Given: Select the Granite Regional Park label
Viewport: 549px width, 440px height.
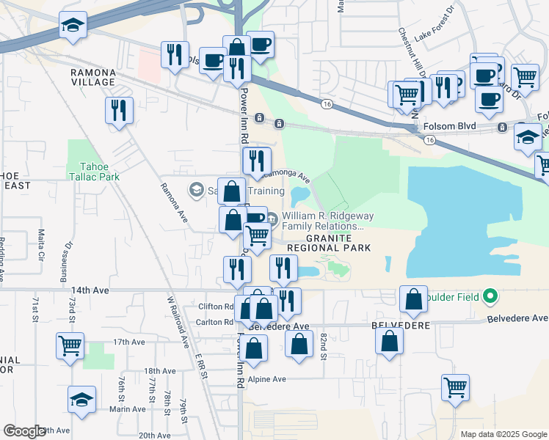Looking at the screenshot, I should point(324,243).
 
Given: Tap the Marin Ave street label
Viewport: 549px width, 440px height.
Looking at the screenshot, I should point(128,409).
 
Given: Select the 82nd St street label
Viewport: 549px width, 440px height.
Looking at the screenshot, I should point(323,346).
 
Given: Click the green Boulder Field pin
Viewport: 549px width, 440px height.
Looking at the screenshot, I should point(490,297).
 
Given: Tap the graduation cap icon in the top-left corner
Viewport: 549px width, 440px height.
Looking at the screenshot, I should point(72,25).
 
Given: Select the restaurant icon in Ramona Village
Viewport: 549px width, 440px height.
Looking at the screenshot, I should point(118,110).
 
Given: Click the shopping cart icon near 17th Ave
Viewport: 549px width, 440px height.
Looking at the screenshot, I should point(70,345).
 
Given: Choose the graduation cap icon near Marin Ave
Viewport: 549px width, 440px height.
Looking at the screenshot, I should point(81,399).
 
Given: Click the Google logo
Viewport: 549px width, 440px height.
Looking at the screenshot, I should point(24,431).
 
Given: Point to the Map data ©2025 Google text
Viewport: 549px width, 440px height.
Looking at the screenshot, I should point(503,434).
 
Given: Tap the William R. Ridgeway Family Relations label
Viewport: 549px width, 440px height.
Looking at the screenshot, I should point(319,221).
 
